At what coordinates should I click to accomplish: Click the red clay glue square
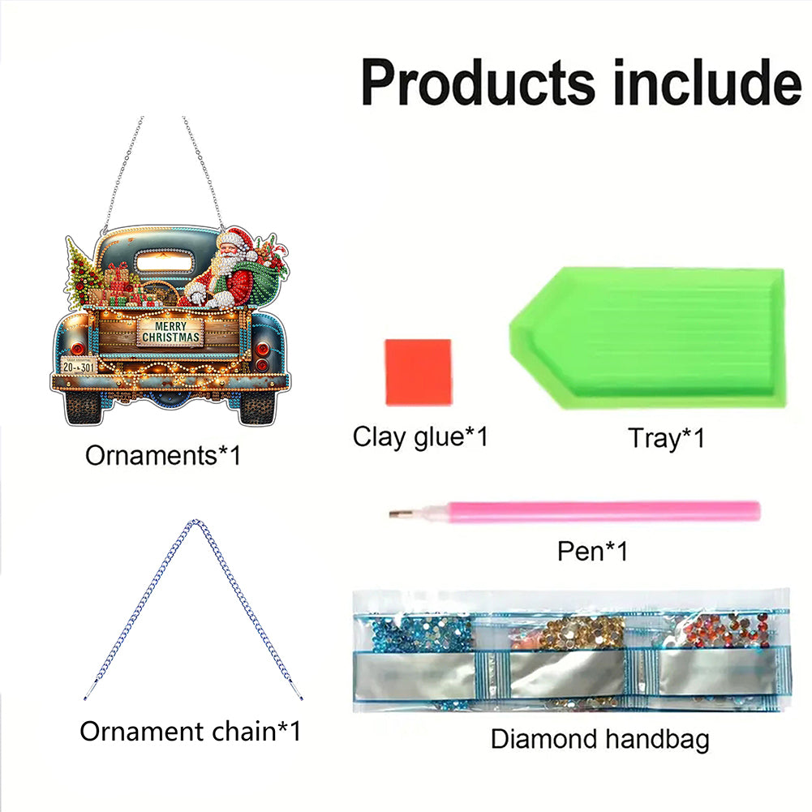(419, 372)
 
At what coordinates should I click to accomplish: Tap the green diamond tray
(647, 337)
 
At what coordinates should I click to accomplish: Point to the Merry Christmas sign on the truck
(170, 332)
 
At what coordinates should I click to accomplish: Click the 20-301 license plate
(79, 366)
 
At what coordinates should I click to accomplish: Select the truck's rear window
(164, 264)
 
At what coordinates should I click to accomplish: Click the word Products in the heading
(478, 83)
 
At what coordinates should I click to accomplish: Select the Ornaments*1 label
(163, 456)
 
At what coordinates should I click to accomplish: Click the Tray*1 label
(666, 438)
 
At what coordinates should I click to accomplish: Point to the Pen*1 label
(592, 551)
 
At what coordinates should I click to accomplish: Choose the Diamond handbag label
(599, 739)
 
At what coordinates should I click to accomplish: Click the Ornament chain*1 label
(190, 731)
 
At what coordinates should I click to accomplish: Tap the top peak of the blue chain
(194, 521)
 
